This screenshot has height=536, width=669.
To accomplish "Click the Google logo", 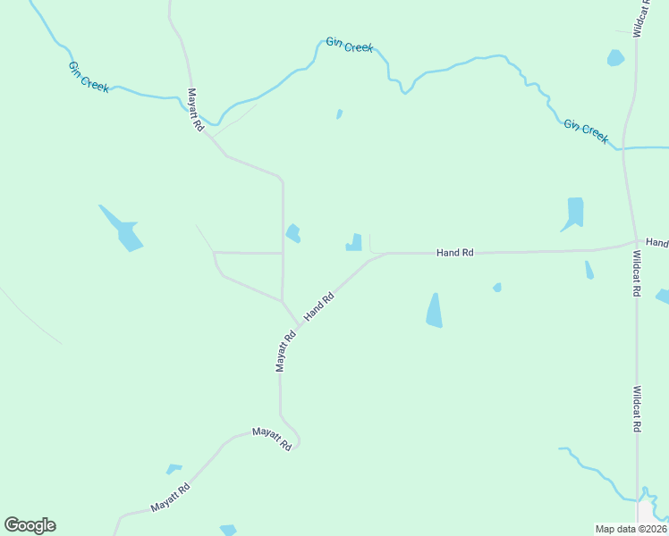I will pos(30,525).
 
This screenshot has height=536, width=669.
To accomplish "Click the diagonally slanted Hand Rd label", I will pos(319,306).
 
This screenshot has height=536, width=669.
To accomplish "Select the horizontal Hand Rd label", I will pos(454,253).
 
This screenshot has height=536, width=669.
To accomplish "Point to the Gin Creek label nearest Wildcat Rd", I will pos(586,131).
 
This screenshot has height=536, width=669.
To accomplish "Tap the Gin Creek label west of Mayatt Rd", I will pos(89,77).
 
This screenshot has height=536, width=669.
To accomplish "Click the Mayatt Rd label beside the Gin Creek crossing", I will pos(196,110).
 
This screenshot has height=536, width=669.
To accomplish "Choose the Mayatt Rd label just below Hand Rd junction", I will pos(285,351).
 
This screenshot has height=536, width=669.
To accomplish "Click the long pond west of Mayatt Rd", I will pos(123,229).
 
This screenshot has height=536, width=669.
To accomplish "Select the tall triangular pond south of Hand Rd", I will pos(435,312).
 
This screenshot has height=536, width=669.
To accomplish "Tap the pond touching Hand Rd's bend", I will pos(355,243).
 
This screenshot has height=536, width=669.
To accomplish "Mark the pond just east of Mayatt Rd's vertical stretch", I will pos(292,234).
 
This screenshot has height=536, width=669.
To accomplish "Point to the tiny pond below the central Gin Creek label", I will pos(339,113).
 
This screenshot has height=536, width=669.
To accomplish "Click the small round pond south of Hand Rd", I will pos(497,288).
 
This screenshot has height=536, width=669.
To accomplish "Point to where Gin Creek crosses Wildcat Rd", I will pos(623,147).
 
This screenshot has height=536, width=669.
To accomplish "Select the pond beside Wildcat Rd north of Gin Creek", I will pos(615,58).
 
